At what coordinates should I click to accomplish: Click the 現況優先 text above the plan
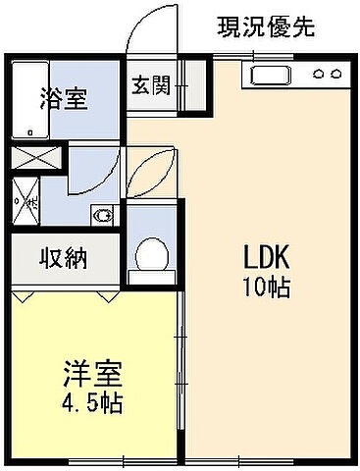[265, 26]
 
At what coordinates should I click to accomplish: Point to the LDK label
[265, 259]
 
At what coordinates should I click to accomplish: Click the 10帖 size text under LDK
[265, 288]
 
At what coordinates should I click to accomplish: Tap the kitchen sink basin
[271, 74]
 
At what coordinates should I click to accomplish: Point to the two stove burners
[327, 74]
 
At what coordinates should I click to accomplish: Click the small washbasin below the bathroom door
[102, 215]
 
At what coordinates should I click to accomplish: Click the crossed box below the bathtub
[27, 156]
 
